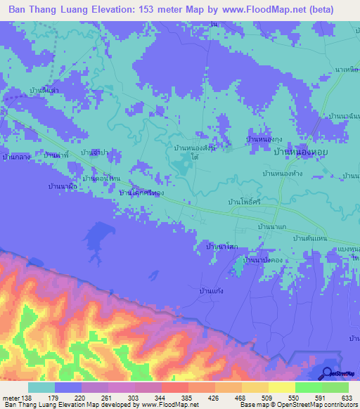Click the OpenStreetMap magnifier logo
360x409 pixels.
pos(328,374)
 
